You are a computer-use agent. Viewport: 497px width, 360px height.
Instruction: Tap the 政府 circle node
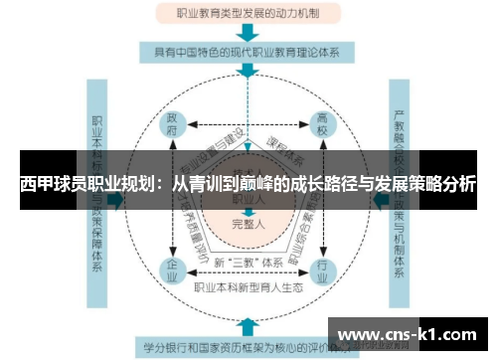(173, 129)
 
